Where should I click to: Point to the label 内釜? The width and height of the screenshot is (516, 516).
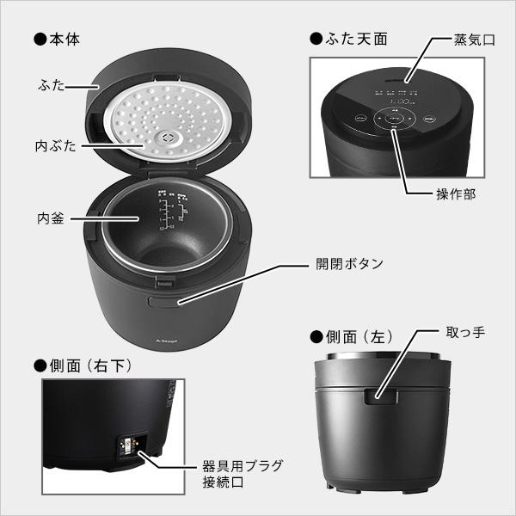click(x=52, y=217)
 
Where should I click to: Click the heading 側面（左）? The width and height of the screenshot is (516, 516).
click(x=350, y=336)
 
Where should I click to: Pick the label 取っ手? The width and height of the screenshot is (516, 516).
click(x=465, y=331)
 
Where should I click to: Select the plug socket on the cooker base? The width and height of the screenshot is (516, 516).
click(x=127, y=448)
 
